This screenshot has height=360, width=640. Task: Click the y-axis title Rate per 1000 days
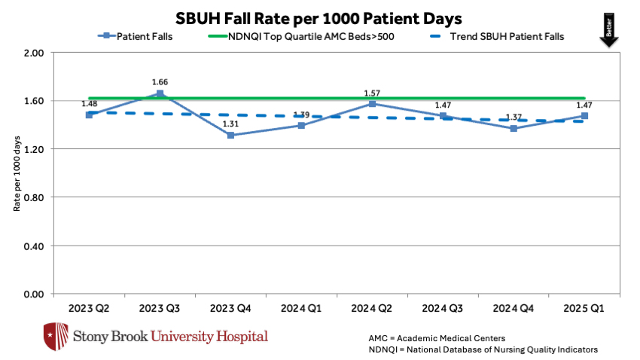pyautogui.click(x=17, y=173)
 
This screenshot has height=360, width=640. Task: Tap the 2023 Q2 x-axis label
pyautogui.click(x=89, y=308)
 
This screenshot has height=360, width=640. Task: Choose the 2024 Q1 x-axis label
pyautogui.click(x=301, y=308)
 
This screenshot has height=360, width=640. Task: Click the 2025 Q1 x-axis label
pyautogui.click(x=584, y=308)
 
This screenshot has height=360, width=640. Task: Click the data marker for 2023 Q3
pyautogui.click(x=160, y=94)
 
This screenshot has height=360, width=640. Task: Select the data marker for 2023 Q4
pyautogui.click(x=230, y=136)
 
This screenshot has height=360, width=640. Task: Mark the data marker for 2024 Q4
pyautogui.click(x=514, y=129)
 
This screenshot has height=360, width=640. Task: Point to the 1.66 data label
pyautogui.click(x=160, y=82)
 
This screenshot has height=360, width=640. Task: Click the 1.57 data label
pyautogui.click(x=372, y=93)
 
